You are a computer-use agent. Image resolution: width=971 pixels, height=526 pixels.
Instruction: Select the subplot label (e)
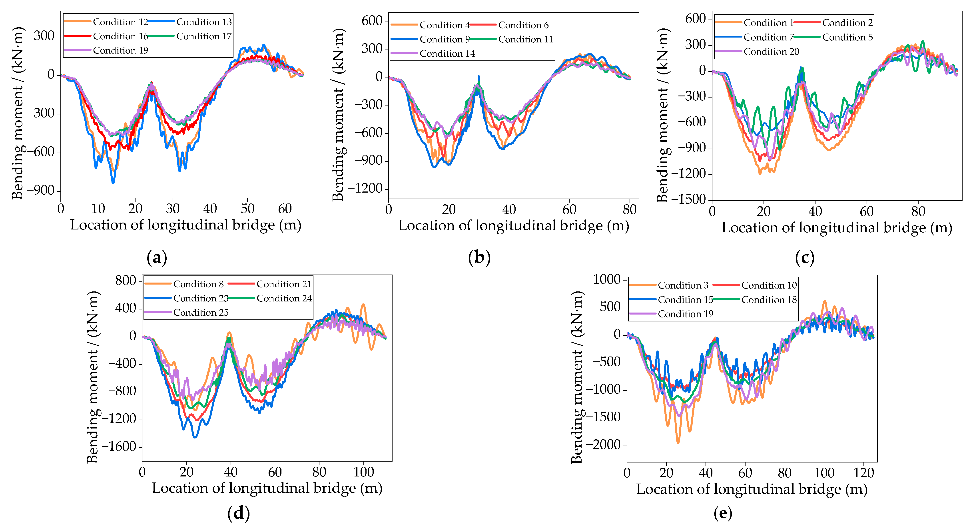tap(723, 513)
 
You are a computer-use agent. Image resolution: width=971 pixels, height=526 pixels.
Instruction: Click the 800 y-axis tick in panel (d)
tap(126, 281)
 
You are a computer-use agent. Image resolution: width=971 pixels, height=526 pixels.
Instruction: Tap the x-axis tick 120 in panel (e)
tap(863, 473)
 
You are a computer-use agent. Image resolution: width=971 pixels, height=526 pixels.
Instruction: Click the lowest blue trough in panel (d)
tap(195, 437)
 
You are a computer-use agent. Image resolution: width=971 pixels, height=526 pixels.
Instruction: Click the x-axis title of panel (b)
tap(513, 226)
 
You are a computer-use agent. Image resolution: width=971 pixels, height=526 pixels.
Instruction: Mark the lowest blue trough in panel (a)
tap(113, 183)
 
